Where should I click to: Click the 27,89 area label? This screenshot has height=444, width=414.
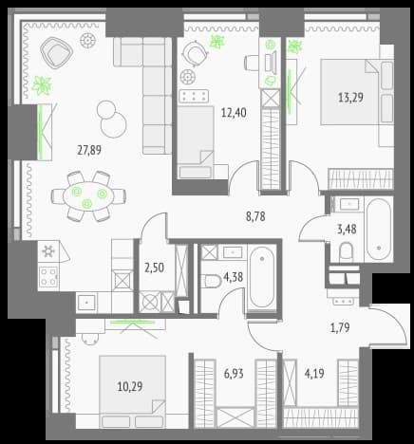point(89,150)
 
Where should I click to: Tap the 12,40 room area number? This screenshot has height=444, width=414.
point(234,112)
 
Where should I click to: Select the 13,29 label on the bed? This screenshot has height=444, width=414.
point(350,97)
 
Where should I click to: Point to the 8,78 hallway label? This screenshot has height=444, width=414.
point(255,216)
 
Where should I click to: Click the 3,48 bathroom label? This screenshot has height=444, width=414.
point(347,229)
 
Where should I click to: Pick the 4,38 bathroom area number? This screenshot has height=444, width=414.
point(234,277)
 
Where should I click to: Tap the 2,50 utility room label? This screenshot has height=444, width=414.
point(155,268)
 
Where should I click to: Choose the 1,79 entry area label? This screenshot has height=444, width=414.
point(340,327)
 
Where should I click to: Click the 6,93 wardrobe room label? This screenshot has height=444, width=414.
point(234,374)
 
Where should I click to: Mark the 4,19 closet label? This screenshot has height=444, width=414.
point(314,374)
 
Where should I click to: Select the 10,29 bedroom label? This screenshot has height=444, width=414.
point(130,386)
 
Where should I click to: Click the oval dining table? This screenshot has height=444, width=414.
point(88,196)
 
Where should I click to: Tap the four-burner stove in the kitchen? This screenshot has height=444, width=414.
point(48,276)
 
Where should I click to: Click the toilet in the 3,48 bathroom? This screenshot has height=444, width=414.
point(346,252)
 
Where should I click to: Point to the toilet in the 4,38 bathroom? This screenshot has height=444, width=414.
point(212,281)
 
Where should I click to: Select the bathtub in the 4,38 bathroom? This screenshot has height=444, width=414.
point(262,277)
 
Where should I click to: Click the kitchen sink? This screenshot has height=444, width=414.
point(86,302)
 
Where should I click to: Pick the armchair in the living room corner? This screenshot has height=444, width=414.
point(57,52)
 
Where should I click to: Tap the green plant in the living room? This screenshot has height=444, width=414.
point(42,85)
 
